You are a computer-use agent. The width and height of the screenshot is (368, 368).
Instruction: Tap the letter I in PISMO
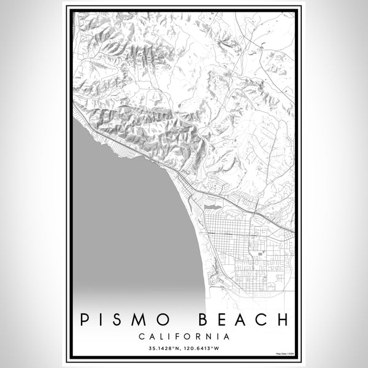[104, 320]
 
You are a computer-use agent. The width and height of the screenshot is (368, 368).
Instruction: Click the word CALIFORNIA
[185, 337]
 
